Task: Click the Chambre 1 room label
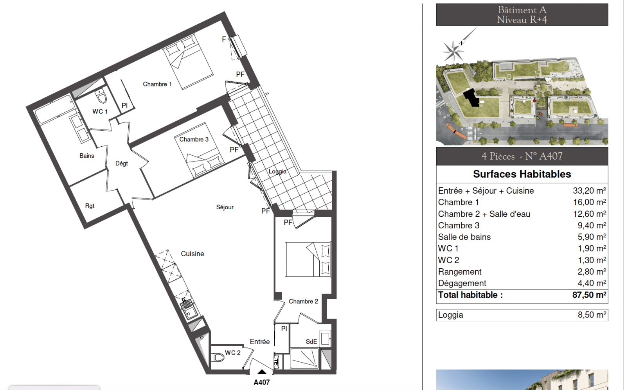point(157,84)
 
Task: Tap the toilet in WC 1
point(101,96)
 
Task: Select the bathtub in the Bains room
point(54,109)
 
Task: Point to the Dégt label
point(122,164)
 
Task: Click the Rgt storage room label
point(90,206)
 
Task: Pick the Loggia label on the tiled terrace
point(277,171)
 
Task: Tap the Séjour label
point(225,207)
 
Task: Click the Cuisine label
point(192,253)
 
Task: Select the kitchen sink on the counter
point(189,309)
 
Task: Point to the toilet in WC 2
point(218,357)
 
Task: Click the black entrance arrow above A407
point(262,372)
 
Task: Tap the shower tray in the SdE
point(305,358)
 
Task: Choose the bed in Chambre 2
point(308,259)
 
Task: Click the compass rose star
point(453,51)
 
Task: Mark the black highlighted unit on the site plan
point(472,98)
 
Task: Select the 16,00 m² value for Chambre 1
point(589,202)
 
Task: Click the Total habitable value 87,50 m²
point(589,295)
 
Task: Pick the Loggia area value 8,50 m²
point(592,315)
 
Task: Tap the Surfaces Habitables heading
point(522,174)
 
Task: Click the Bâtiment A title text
point(522,10)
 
